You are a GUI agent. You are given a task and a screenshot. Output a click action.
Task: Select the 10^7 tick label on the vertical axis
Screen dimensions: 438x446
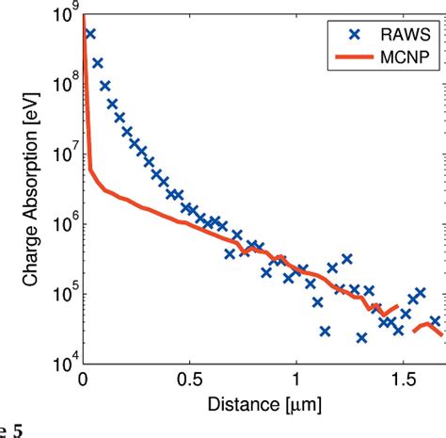coord(62,156)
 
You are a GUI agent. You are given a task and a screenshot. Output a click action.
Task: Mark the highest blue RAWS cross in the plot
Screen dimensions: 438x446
coord(91,34)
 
